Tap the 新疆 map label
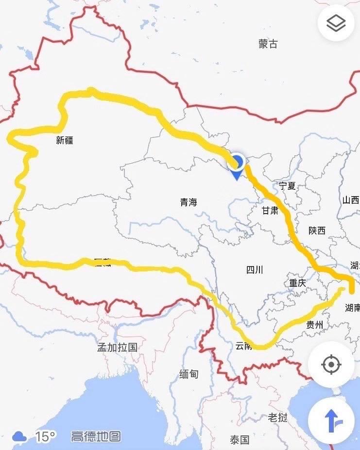65,141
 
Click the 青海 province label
189,203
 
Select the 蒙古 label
268,44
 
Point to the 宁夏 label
287,185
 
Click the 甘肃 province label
270,210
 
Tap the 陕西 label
317,231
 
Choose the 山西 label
350,200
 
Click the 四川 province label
255,270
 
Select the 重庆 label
297,283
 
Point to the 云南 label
243,346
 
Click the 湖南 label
352,308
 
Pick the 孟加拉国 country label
118,347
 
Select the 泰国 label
239,440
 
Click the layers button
336,23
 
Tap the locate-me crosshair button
332,364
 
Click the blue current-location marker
237,163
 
